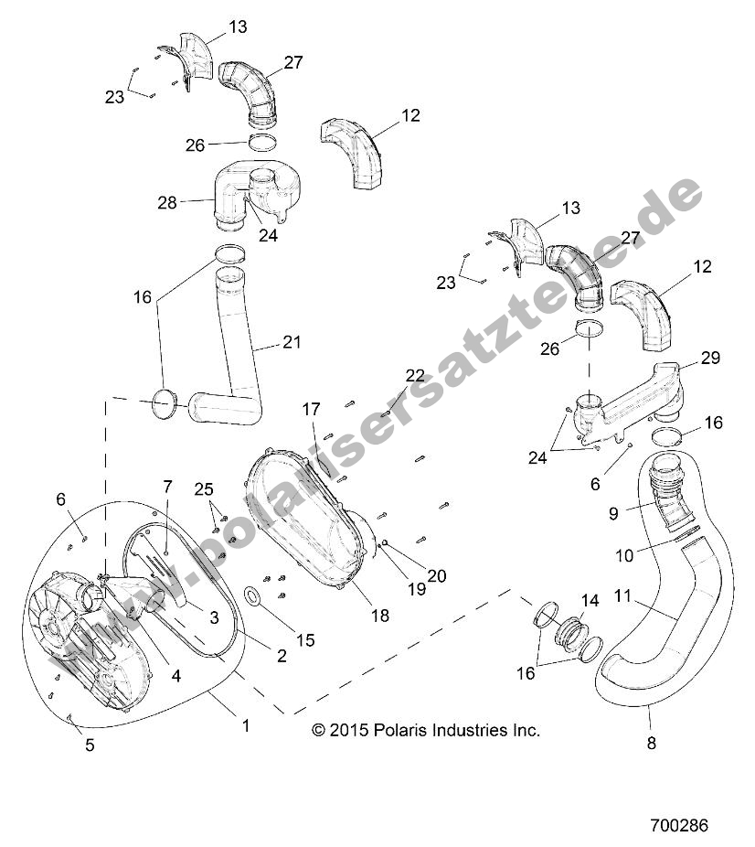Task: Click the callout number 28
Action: point(166,202)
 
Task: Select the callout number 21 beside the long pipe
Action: point(291,343)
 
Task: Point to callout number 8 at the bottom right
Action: point(652,743)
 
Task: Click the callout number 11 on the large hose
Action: point(622,595)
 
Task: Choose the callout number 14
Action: point(590,601)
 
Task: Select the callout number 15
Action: point(304,639)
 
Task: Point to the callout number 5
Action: point(90,745)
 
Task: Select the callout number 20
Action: point(437,575)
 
